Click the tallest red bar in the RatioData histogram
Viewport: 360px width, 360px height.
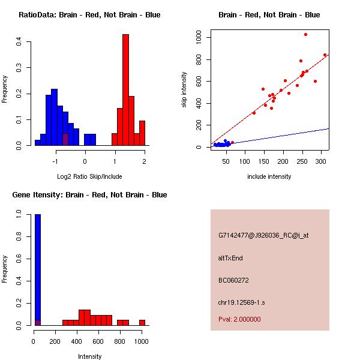(125, 90)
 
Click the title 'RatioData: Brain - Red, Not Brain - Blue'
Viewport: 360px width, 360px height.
(89, 15)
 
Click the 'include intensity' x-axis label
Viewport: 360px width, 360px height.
(269, 176)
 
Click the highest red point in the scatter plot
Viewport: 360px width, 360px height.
(305, 35)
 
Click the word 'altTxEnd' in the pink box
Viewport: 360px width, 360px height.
(230, 258)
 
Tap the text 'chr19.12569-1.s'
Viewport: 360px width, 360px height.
(239, 302)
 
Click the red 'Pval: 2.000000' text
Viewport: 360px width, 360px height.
(239, 319)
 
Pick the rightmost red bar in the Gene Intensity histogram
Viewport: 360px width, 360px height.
(142, 322)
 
